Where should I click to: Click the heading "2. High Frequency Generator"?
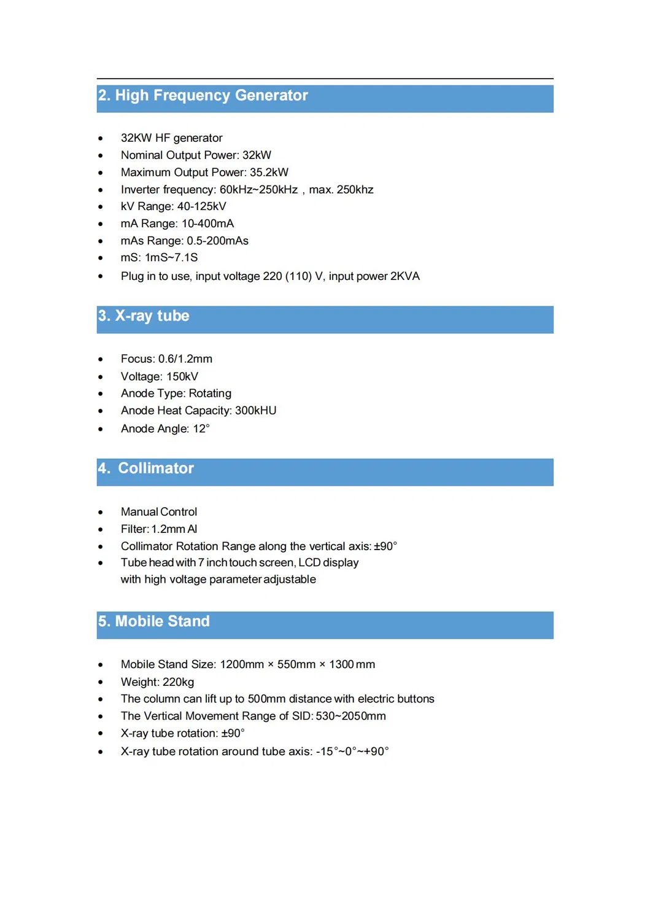tap(203, 96)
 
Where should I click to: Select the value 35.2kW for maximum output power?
tap(269, 173)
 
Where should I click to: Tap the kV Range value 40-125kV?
tap(201, 206)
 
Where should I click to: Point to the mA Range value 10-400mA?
tap(207, 223)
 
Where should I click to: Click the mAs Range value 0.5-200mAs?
tap(217, 241)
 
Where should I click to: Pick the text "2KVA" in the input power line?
tap(404, 276)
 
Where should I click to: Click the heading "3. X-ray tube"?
tap(144, 316)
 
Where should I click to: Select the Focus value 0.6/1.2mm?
tap(185, 359)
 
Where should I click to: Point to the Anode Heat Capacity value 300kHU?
tap(255, 411)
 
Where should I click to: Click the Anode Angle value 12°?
tap(201, 429)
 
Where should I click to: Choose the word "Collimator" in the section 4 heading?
tap(156, 468)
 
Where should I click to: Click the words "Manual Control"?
tap(159, 512)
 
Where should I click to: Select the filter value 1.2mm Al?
tap(174, 529)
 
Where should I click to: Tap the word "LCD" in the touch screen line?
tap(309, 563)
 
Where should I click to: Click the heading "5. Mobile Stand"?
tap(154, 621)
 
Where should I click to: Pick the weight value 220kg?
tap(178, 682)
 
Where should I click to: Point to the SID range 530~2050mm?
tap(350, 717)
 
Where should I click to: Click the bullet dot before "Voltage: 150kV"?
tap(101, 377)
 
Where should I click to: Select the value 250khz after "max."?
tap(355, 190)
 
